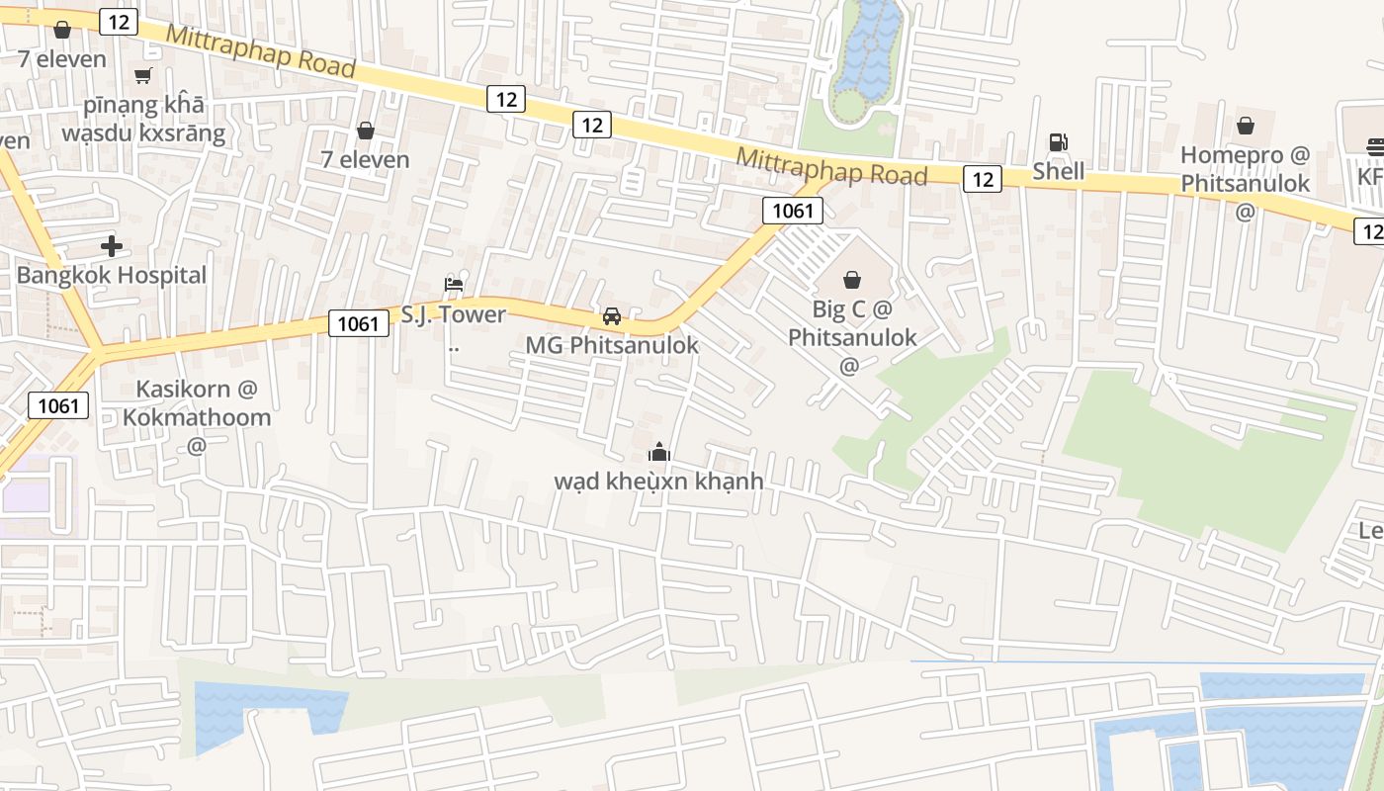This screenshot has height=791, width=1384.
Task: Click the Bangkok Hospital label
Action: tap(112, 275)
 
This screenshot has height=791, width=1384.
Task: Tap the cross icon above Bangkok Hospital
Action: tap(112, 245)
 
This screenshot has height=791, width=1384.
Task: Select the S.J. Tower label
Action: tap(454, 314)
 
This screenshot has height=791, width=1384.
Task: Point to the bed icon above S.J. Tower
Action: tap(454, 285)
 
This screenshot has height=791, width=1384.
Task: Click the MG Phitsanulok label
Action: tap(612, 345)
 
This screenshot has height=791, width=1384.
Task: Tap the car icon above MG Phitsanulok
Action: tap(612, 316)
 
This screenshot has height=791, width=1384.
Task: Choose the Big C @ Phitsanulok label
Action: tap(852, 323)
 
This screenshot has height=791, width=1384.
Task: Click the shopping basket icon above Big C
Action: tap(852, 280)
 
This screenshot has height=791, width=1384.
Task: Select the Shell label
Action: tap(1059, 171)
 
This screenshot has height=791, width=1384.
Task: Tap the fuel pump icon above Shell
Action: tap(1059, 141)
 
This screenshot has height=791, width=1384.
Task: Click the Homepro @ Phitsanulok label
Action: tap(1245, 169)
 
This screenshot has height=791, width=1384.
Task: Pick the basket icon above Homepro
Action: tap(1246, 126)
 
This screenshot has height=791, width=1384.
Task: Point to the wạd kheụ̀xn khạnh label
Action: tap(659, 482)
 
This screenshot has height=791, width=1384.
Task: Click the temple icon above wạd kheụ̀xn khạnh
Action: tap(659, 453)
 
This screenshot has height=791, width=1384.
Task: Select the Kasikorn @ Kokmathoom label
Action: tap(197, 402)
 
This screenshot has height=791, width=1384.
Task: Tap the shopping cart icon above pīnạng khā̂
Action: tap(143, 75)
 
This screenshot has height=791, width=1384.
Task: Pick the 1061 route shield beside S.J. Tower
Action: tap(358, 322)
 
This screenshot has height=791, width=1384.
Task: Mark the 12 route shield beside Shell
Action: tap(983, 179)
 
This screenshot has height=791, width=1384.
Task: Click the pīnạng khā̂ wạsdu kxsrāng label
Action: tap(143, 118)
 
